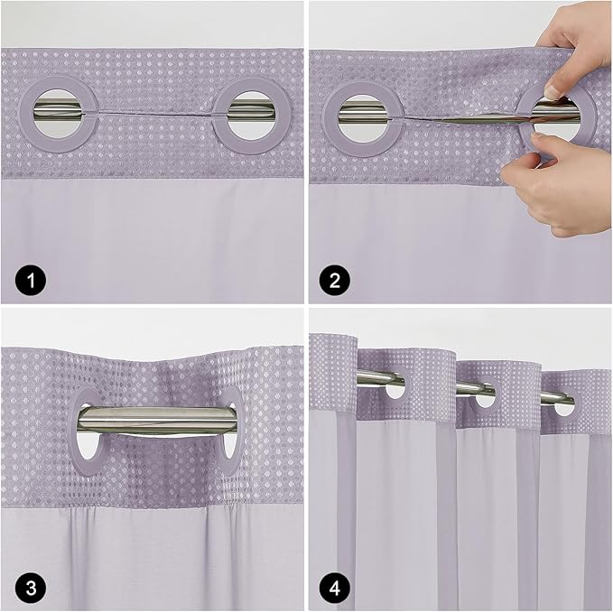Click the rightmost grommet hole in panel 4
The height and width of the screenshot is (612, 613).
coord(564,404)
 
